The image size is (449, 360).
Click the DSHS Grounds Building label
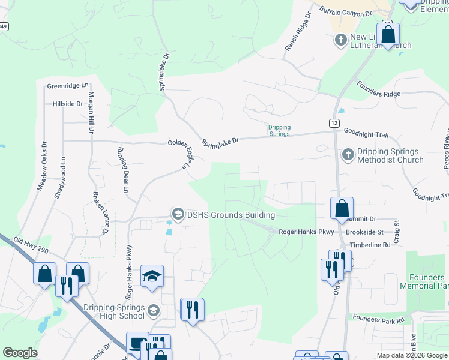(231, 215)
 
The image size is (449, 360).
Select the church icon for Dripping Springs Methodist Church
(347, 155)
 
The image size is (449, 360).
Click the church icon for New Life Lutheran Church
(340, 40)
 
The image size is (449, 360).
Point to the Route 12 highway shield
(333, 122)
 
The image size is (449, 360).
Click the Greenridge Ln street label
(68, 86)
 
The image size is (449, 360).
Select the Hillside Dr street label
(68, 104)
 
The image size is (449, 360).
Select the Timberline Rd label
(370, 245)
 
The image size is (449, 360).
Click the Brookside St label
(364, 232)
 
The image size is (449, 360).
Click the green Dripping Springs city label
(279, 130)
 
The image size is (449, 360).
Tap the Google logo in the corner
(20, 353)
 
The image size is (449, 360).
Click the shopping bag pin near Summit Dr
(342, 209)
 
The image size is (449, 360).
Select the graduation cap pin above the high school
(152, 277)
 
